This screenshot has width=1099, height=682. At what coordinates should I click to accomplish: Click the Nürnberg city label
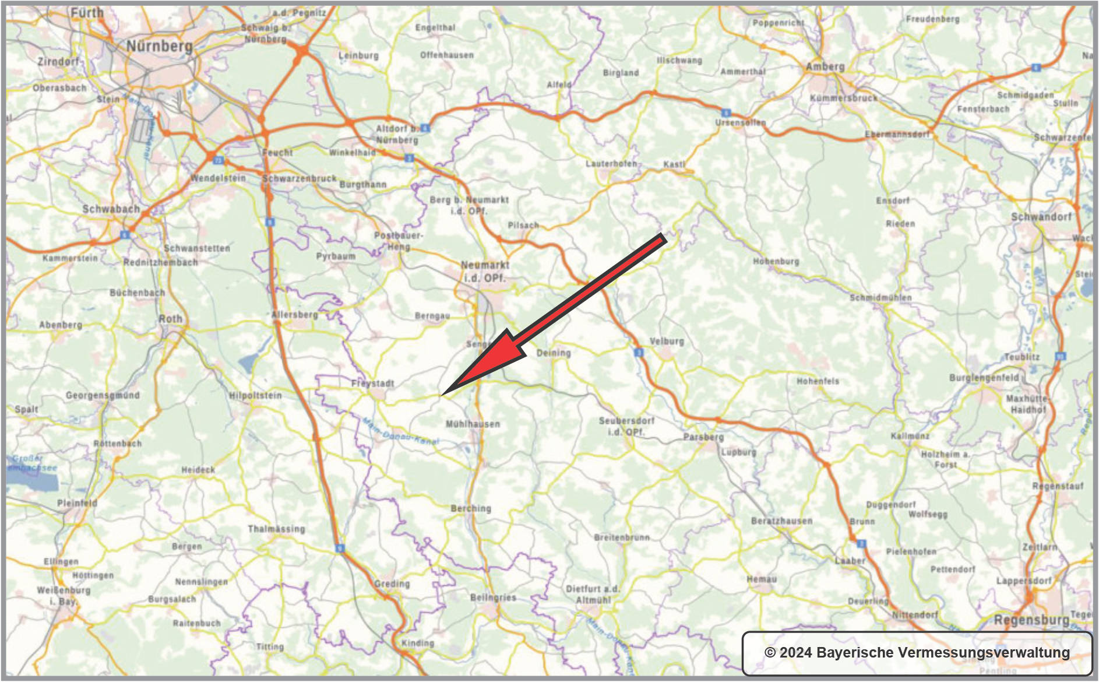159,46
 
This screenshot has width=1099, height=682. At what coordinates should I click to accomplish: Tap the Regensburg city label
1031,620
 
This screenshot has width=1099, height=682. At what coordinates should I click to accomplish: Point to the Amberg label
825,66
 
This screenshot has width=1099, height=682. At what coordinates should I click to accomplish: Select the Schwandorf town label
1041,217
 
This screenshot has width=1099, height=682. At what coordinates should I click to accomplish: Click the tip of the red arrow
442,395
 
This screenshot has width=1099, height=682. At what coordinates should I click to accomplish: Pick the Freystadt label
372,383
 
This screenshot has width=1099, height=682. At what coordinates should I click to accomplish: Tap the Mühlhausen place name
473,424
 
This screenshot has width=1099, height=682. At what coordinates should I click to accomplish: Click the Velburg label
667,341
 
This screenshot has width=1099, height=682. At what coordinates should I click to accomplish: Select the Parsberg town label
703,437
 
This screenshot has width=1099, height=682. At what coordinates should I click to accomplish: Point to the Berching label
471,508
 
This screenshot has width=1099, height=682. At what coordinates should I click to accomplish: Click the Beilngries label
493,597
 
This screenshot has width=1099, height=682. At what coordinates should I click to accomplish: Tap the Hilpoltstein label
255,395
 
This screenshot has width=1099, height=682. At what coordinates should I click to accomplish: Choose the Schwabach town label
111,209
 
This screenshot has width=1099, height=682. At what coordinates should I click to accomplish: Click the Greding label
392,583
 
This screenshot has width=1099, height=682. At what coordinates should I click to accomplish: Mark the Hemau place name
762,579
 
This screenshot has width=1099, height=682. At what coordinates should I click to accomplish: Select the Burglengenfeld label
984,378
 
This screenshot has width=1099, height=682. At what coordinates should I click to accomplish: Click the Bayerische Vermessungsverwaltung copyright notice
917,652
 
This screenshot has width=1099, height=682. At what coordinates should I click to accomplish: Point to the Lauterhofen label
611,164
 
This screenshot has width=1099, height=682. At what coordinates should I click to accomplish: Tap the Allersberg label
294,315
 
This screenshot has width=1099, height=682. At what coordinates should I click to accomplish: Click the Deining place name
553,353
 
